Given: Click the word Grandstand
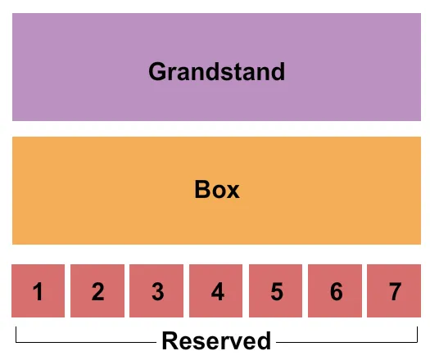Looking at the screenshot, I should (x=216, y=72).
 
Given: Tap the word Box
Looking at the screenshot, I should (x=217, y=190).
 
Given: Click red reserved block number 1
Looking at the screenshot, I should (x=38, y=290).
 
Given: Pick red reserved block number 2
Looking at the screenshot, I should (x=97, y=290).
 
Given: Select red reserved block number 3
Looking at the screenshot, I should (x=157, y=290).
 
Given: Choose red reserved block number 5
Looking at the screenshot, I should (x=277, y=290).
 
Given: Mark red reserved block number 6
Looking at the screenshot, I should (x=337, y=290).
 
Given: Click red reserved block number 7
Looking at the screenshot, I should (x=395, y=290).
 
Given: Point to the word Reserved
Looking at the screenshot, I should (x=216, y=340).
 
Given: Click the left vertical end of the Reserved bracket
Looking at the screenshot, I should (x=16, y=333).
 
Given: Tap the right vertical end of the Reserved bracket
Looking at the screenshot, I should (x=417, y=333).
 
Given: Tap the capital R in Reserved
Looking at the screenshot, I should (x=170, y=340).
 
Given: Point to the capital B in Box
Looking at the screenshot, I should (x=202, y=190).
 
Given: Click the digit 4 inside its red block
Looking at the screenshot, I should (x=217, y=291).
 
